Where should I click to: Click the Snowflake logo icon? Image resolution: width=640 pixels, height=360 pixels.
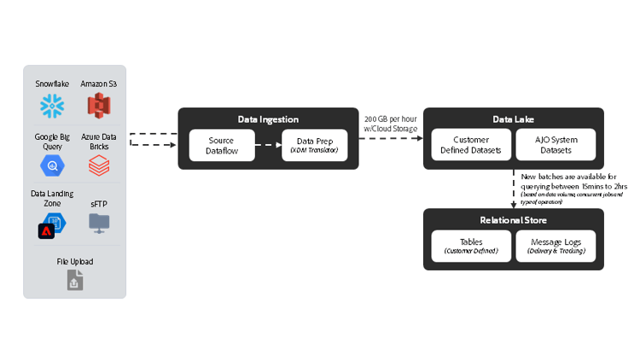click(x=52, y=107)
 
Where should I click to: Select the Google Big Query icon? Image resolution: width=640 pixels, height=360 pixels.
click(x=52, y=164)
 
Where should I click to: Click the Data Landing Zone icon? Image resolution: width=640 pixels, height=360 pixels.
click(x=51, y=225)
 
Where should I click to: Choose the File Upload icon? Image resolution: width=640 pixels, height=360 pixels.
click(x=75, y=279)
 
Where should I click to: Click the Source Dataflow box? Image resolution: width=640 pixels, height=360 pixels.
click(x=221, y=145)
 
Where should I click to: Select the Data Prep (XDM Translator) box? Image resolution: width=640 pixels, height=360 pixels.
click(x=315, y=145)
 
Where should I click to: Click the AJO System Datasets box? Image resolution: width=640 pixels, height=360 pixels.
click(x=556, y=145)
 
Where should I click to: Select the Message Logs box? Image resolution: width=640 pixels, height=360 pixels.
click(x=556, y=247)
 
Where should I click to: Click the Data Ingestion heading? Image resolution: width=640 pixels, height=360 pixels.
click(x=268, y=119)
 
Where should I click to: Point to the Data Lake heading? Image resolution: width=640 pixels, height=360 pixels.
click(x=513, y=119)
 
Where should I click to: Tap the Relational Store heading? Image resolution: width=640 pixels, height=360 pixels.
click(x=513, y=220)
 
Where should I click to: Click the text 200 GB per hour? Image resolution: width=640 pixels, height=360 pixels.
click(x=390, y=119)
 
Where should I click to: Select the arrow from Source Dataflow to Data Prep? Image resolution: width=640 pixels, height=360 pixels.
click(x=268, y=145)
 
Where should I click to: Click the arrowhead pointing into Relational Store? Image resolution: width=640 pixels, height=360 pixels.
click(x=513, y=204)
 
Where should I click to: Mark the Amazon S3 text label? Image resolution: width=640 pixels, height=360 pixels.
click(x=100, y=84)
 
